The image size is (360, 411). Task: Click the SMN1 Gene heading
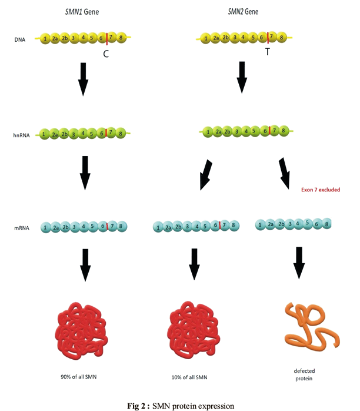click(x=82, y=12)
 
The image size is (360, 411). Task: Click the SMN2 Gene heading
click(x=243, y=12)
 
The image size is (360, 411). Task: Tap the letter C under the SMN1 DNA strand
click(x=106, y=54)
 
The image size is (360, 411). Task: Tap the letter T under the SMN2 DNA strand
click(x=267, y=52)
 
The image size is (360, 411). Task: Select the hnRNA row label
click(x=21, y=135)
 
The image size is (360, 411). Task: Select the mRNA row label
click(x=21, y=228)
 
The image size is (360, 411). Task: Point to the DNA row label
click(x=20, y=40)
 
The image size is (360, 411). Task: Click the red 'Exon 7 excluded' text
click(x=321, y=190)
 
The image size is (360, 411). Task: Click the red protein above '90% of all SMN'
click(x=81, y=331)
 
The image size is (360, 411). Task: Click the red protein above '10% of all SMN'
click(x=193, y=329)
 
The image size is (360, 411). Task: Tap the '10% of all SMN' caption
click(x=189, y=377)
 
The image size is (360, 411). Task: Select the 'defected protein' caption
click(x=304, y=374)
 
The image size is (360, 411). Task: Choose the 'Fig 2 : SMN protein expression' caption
click(x=181, y=406)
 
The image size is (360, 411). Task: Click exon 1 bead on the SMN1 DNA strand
click(x=45, y=39)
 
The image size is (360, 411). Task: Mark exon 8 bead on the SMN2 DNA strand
click(x=281, y=38)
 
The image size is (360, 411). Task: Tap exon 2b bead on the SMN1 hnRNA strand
click(x=64, y=134)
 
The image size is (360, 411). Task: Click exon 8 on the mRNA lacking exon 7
click(x=326, y=224)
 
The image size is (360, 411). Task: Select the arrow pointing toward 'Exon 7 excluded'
click(x=285, y=173)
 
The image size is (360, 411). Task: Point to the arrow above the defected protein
click(x=299, y=263)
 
